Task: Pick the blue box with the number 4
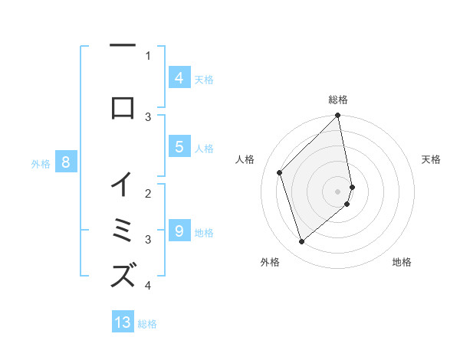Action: coord(179,77)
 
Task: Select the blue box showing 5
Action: coord(179,147)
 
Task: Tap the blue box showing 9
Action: coord(179,231)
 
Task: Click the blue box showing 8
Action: coord(66,162)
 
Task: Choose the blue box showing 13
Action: coord(123,322)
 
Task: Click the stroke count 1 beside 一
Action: coord(148,55)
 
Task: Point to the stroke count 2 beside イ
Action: coord(148,195)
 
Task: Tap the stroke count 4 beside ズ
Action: coord(148,286)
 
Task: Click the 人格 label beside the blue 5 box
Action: coord(204,148)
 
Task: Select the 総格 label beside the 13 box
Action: coord(147,324)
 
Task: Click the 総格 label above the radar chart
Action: coord(338,100)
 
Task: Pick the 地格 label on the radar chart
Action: coord(402,263)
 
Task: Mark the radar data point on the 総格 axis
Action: coord(338,116)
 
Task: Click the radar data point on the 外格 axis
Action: coord(301,242)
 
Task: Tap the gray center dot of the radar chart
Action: coord(338,191)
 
